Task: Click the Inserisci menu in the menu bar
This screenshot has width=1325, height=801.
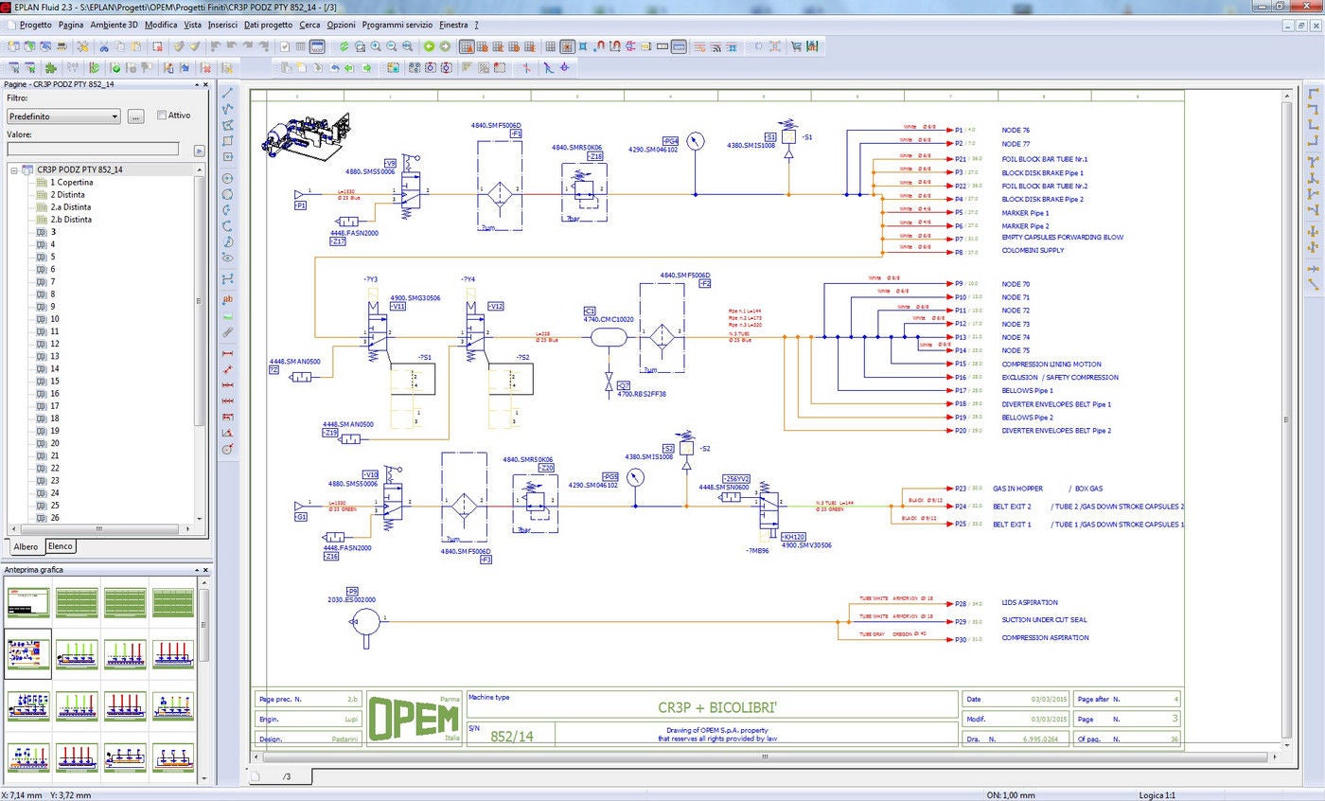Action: click(222, 25)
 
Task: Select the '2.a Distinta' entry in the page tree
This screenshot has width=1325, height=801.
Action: click(71, 206)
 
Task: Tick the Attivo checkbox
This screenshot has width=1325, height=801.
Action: click(162, 116)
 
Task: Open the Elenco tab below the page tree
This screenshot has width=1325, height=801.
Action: click(61, 546)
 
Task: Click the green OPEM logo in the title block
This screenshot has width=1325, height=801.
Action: click(415, 719)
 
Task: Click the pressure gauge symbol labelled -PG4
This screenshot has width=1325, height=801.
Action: click(697, 141)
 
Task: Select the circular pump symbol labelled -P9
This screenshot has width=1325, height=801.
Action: click(365, 621)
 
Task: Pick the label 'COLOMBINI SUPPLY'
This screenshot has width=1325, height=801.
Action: click(1033, 251)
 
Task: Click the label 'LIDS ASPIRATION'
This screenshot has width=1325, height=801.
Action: click(1030, 603)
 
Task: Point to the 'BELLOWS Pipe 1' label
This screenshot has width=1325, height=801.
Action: click(1027, 391)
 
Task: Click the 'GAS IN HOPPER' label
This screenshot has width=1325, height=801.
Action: click(1017, 489)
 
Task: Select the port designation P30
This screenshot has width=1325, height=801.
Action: click(961, 639)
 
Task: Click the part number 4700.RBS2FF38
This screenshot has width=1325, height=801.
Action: click(642, 394)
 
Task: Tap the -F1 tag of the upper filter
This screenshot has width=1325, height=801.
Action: click(516, 134)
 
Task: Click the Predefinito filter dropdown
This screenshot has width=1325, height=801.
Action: click(63, 116)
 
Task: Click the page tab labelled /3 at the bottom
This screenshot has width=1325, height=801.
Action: click(286, 776)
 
